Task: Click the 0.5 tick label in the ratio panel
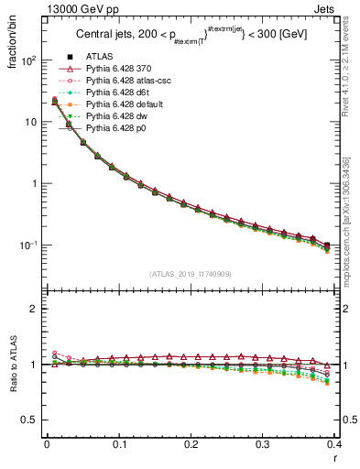point(29,420)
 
